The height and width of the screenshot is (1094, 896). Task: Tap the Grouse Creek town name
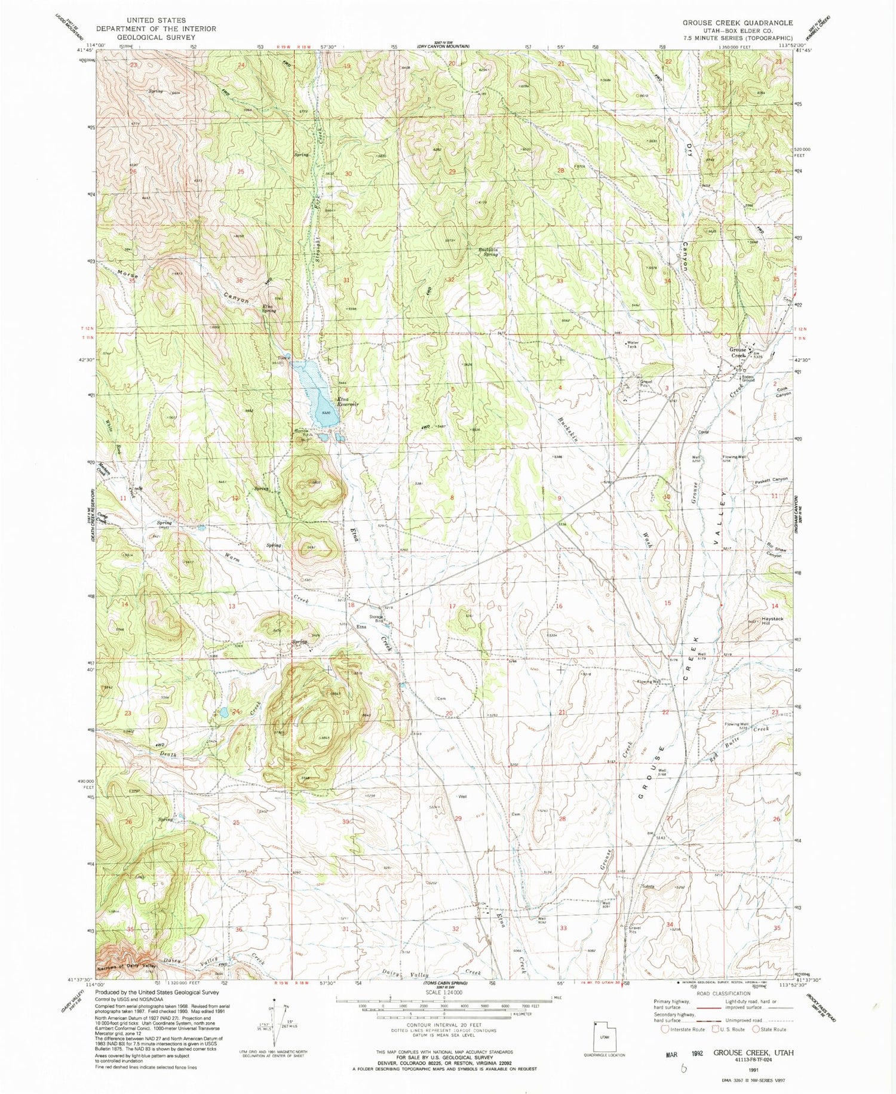tap(737, 352)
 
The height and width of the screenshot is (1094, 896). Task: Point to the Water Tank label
tap(633, 345)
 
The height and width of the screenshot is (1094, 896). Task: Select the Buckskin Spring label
tap(488, 251)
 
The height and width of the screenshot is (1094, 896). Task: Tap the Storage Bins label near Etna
tap(376, 618)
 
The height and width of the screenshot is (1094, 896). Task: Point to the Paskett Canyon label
tap(771, 480)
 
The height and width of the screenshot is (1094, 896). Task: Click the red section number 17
tap(452, 607)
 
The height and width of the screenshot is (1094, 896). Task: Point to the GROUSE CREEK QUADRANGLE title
tap(738, 23)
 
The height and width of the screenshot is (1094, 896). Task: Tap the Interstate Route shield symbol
tap(665, 1029)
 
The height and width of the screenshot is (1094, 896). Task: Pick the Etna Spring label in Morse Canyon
tap(268, 309)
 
